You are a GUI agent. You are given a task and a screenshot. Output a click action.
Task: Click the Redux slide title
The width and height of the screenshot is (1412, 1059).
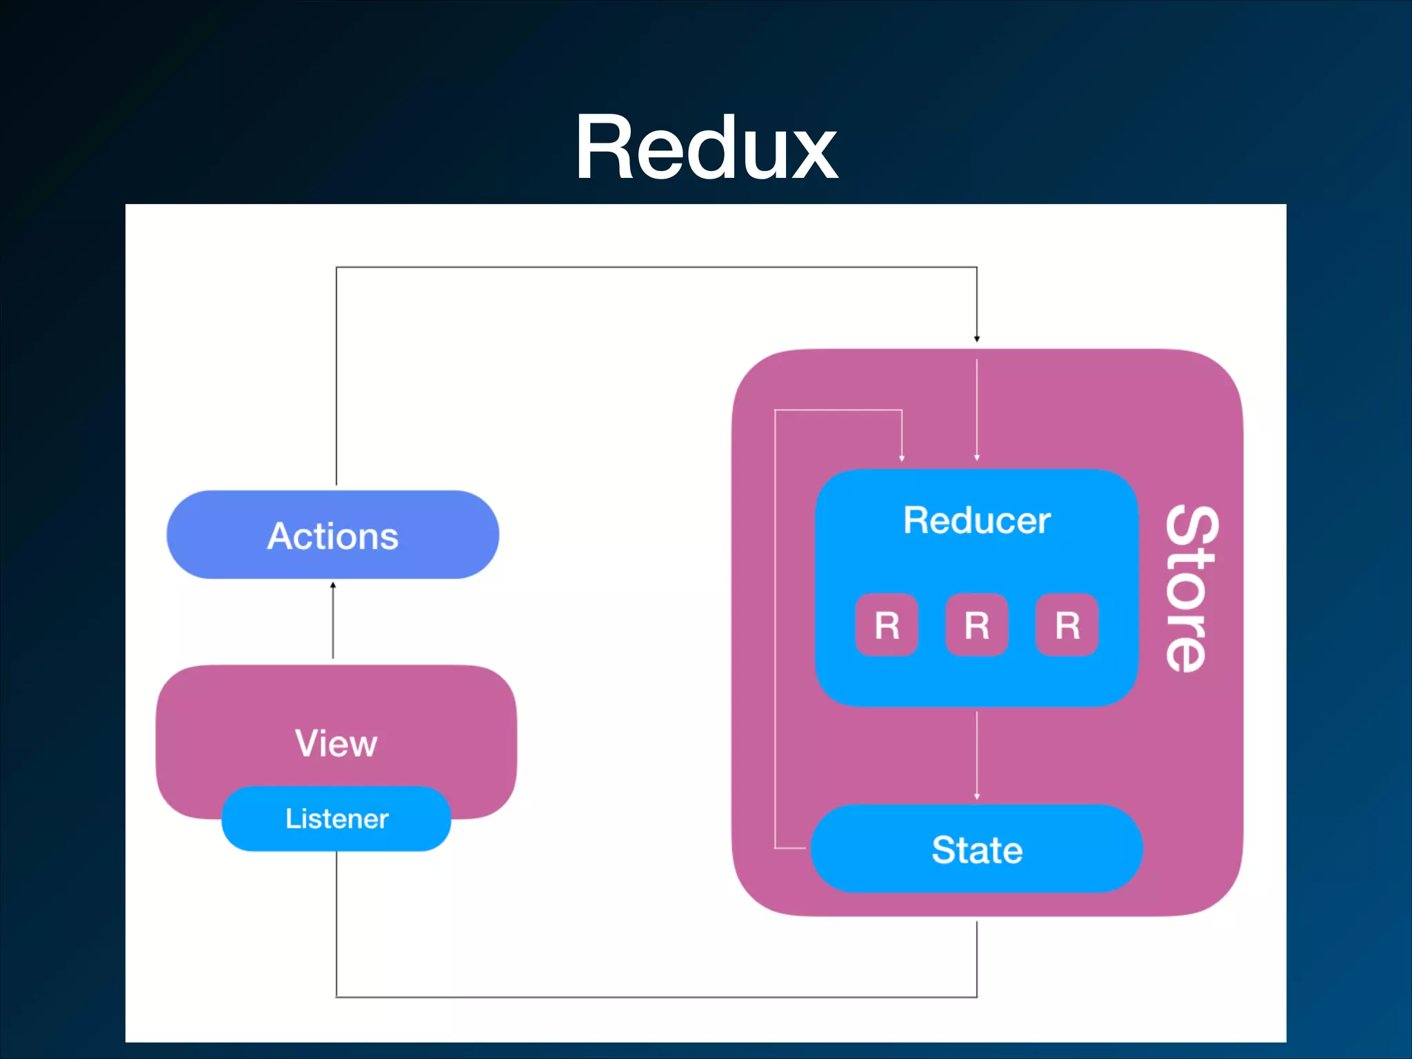(x=706, y=148)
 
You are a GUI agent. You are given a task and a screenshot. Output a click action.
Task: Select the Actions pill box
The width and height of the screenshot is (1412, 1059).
(x=333, y=534)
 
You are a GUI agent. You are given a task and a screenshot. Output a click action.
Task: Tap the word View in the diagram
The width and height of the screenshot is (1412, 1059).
(x=336, y=743)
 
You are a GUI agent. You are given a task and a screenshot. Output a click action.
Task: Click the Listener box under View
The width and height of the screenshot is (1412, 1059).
(x=336, y=818)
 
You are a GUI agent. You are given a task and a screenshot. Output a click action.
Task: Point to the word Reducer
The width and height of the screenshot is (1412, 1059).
(x=977, y=520)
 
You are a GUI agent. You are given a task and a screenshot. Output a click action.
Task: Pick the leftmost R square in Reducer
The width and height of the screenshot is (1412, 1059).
(x=887, y=625)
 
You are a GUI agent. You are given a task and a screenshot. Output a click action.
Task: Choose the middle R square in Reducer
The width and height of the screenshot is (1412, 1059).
(x=977, y=625)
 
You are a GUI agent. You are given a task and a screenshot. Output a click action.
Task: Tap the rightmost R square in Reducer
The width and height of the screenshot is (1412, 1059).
(x=1067, y=625)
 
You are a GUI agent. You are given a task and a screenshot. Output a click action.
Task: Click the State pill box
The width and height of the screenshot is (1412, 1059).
(x=977, y=849)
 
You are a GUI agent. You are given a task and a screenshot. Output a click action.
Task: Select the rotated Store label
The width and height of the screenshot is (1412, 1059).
(x=1192, y=589)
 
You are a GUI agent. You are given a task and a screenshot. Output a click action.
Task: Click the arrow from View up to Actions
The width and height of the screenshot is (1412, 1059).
(x=333, y=620)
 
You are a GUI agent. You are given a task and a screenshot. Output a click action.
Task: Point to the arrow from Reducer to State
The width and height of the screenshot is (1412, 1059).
(x=977, y=756)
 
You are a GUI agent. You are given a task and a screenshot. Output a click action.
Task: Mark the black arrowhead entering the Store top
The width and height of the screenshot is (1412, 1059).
(x=977, y=339)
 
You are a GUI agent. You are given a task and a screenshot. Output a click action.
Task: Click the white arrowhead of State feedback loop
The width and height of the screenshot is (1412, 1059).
(x=902, y=458)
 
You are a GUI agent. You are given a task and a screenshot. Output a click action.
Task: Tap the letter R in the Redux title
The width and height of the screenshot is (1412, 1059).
(x=605, y=148)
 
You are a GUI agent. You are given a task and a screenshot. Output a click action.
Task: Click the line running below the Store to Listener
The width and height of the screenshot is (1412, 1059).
(x=656, y=997)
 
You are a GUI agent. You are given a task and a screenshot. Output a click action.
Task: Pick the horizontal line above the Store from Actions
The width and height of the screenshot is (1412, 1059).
(x=656, y=267)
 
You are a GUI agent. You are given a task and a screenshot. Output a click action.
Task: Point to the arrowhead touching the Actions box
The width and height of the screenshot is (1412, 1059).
(x=333, y=585)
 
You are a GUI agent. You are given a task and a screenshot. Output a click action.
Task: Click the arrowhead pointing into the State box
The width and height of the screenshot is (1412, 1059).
(x=977, y=796)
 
